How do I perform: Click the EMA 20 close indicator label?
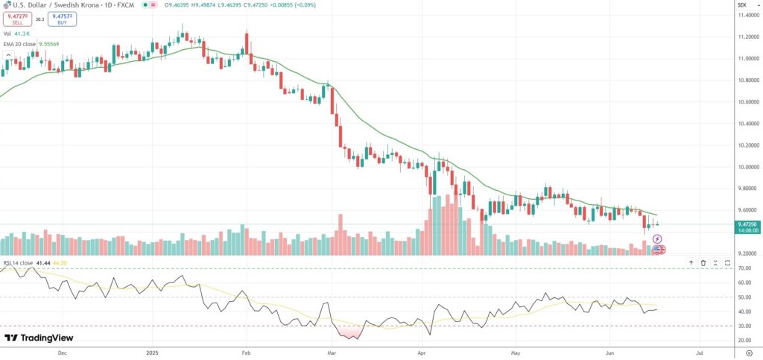(x=22, y=44)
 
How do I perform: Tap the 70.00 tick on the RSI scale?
(x=744, y=268)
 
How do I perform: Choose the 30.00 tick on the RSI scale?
(x=744, y=326)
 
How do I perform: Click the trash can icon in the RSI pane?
(x=703, y=262)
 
